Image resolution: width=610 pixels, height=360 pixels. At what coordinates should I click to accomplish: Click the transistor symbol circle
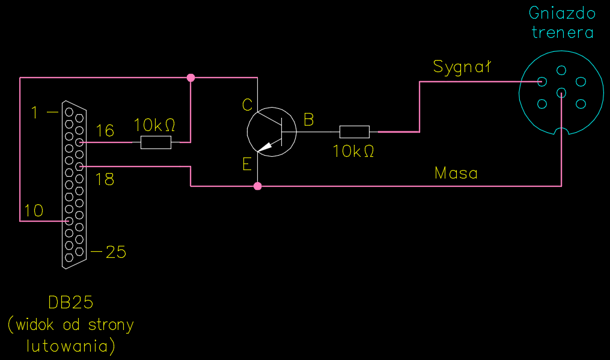pos(272,132)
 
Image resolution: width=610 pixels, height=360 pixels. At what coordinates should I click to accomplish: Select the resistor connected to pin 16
pos(156,142)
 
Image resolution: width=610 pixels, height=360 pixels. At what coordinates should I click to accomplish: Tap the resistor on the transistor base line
pos(355,132)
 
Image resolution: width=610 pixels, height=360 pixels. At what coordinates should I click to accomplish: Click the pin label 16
pos(105,131)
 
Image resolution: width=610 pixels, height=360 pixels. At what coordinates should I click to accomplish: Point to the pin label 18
pos(105,179)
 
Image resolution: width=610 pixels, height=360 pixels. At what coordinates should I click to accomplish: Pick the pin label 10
pos(34,210)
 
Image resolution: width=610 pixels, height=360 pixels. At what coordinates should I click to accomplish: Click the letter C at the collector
pos(247,105)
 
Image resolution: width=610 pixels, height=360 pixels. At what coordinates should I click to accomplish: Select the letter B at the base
pos(308,120)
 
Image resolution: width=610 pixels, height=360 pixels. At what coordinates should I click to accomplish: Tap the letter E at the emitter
pos(247,165)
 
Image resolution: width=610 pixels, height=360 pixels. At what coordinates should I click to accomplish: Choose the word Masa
pos(456,174)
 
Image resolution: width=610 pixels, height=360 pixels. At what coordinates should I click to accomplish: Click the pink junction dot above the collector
pos(191,78)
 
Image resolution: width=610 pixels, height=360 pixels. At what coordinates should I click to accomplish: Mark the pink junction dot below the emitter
pos(258,186)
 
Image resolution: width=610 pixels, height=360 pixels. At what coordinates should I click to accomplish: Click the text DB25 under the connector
pos(71,302)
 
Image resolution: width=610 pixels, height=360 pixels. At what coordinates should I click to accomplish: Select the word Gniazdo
pos(562,13)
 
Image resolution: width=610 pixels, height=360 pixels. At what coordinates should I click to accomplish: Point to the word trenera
pos(563,32)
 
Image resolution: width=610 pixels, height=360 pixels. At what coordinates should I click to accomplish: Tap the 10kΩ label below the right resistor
pos(353,151)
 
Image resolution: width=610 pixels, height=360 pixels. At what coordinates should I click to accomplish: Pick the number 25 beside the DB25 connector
pos(115,252)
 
